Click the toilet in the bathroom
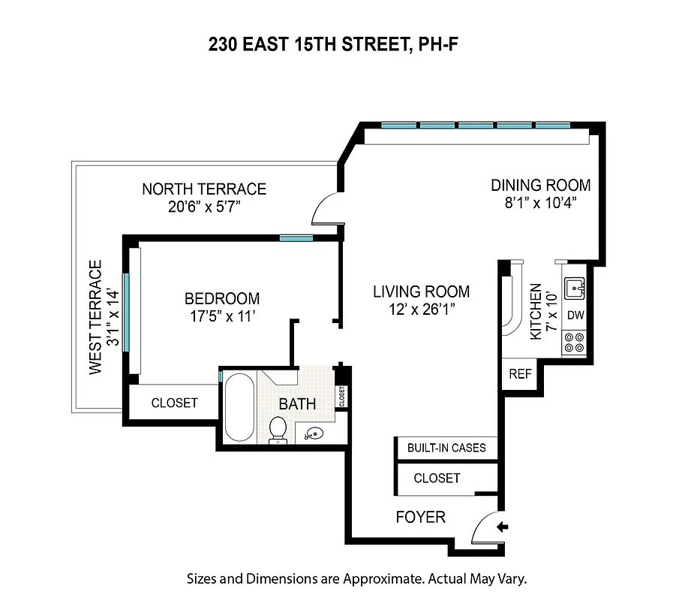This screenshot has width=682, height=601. pyautogui.click(x=278, y=429)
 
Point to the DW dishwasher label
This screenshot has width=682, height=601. pyautogui.click(x=575, y=315)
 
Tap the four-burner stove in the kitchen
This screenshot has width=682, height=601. pyautogui.click(x=575, y=343)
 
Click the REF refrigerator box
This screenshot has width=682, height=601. pyautogui.click(x=519, y=373)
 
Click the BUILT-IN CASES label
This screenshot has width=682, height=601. pyautogui.click(x=446, y=448)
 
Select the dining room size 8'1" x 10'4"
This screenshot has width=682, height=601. pyautogui.click(x=540, y=202)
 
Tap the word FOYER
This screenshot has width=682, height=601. pyautogui.click(x=420, y=517)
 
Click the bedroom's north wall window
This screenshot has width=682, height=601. pyautogui.click(x=296, y=238)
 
